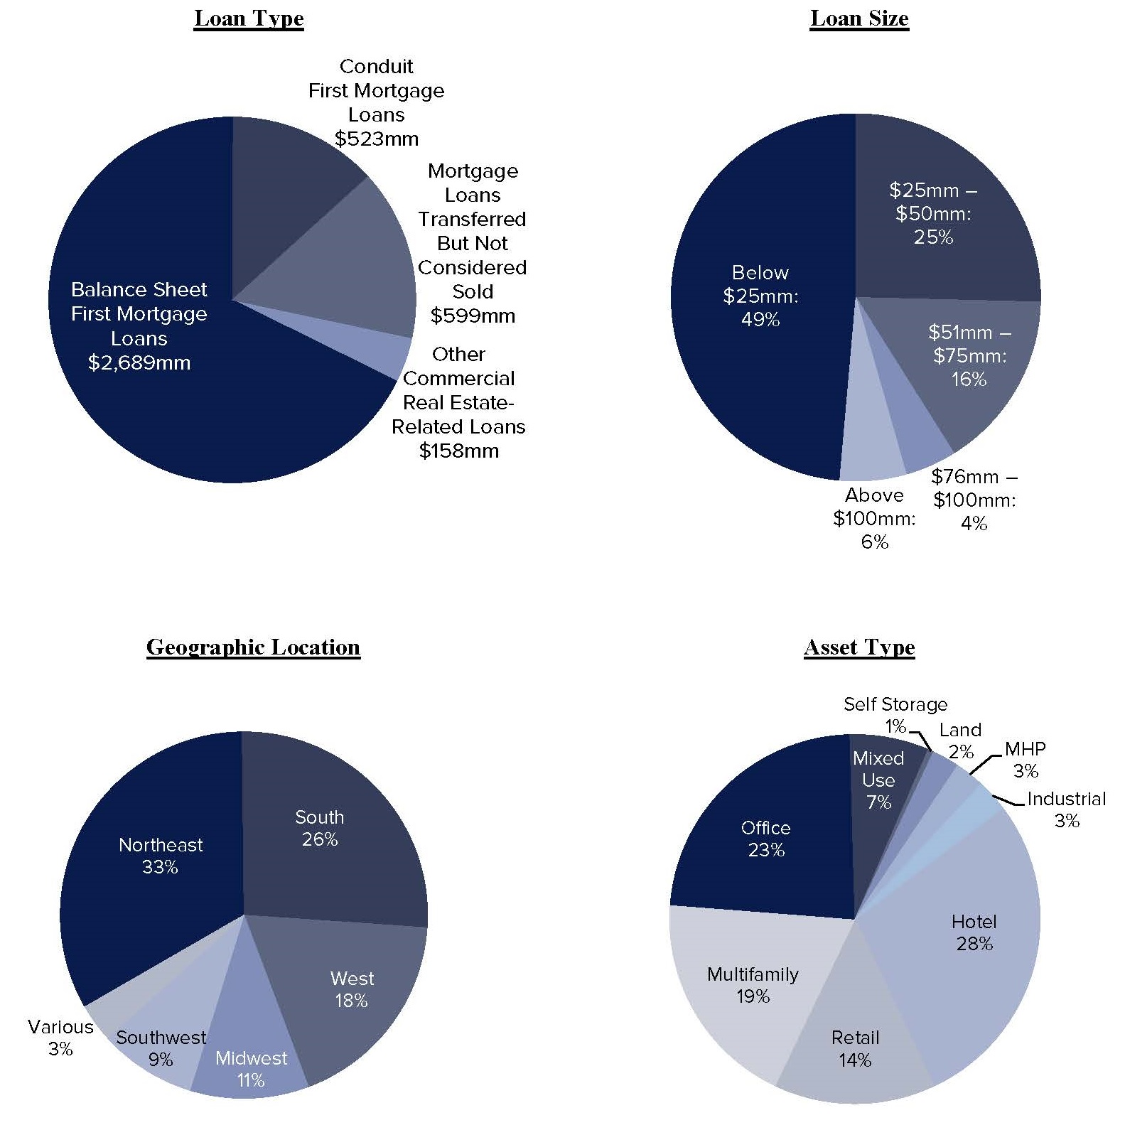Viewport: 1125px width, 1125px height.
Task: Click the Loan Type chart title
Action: (249, 19)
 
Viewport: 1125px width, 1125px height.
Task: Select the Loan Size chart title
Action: (859, 19)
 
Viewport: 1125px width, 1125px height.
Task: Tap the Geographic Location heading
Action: (253, 647)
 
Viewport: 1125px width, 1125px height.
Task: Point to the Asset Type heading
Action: (859, 647)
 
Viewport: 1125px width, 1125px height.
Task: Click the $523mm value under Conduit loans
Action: (377, 139)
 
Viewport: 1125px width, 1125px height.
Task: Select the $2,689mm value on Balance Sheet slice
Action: (139, 363)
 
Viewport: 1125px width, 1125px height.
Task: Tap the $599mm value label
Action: (473, 316)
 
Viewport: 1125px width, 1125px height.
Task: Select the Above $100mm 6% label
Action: (874, 518)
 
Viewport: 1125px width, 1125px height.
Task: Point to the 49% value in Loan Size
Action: (760, 320)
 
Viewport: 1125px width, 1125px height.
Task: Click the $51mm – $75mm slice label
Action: (969, 355)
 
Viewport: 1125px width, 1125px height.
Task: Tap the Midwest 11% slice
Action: (251, 1059)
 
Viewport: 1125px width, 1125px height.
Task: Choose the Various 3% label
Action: (60, 1038)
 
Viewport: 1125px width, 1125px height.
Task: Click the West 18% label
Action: (352, 989)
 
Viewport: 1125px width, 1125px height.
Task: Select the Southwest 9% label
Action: (161, 1048)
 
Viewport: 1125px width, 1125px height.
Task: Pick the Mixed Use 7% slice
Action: (878, 780)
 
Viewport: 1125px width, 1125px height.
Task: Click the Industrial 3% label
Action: (1066, 809)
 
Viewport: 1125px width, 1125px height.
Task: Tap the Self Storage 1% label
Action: (895, 714)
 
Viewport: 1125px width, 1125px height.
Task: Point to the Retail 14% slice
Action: (855, 1049)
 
